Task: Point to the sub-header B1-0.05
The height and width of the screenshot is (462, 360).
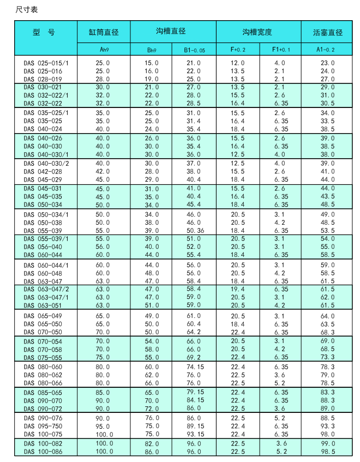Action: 194,50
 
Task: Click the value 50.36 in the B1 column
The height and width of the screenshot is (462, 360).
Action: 194,230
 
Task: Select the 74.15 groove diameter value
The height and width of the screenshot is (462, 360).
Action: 194,367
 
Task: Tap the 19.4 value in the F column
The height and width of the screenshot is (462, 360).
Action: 238,289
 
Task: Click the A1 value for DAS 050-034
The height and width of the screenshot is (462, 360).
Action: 328,205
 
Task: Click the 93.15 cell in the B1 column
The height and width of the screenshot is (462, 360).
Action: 194,434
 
